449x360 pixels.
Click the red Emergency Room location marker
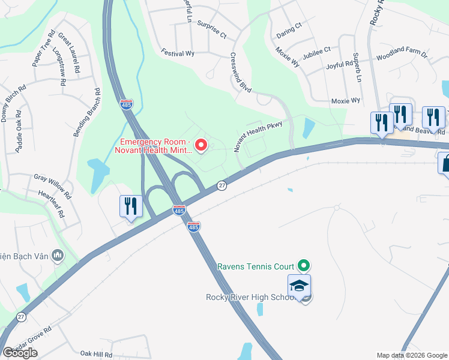click(202, 145)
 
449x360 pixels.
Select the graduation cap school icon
click(299, 286)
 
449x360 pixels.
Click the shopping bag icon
click(445, 163)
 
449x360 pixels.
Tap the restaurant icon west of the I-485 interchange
click(130, 206)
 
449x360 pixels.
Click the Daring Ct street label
click(289, 28)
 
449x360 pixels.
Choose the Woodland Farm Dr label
click(401, 57)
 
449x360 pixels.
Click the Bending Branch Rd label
click(86, 113)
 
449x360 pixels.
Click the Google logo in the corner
click(20, 353)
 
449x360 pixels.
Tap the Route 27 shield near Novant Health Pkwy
click(221, 186)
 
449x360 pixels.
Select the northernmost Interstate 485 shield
click(127, 104)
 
